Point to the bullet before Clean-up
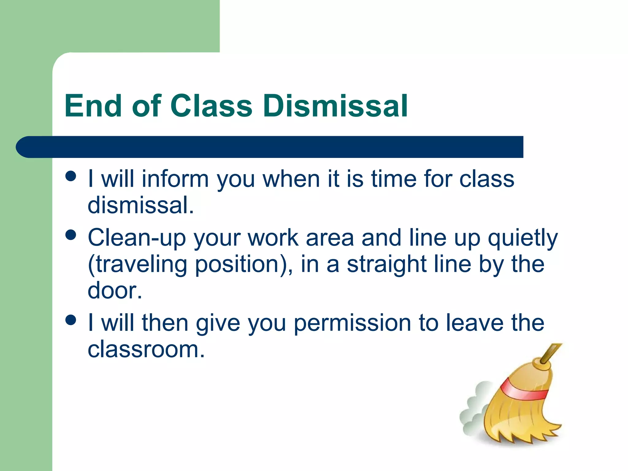point(71,235)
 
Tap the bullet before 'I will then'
point(71,320)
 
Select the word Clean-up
point(137,238)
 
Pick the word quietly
point(523,239)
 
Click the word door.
point(115,291)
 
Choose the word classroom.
point(146,350)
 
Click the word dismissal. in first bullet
point(140,205)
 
